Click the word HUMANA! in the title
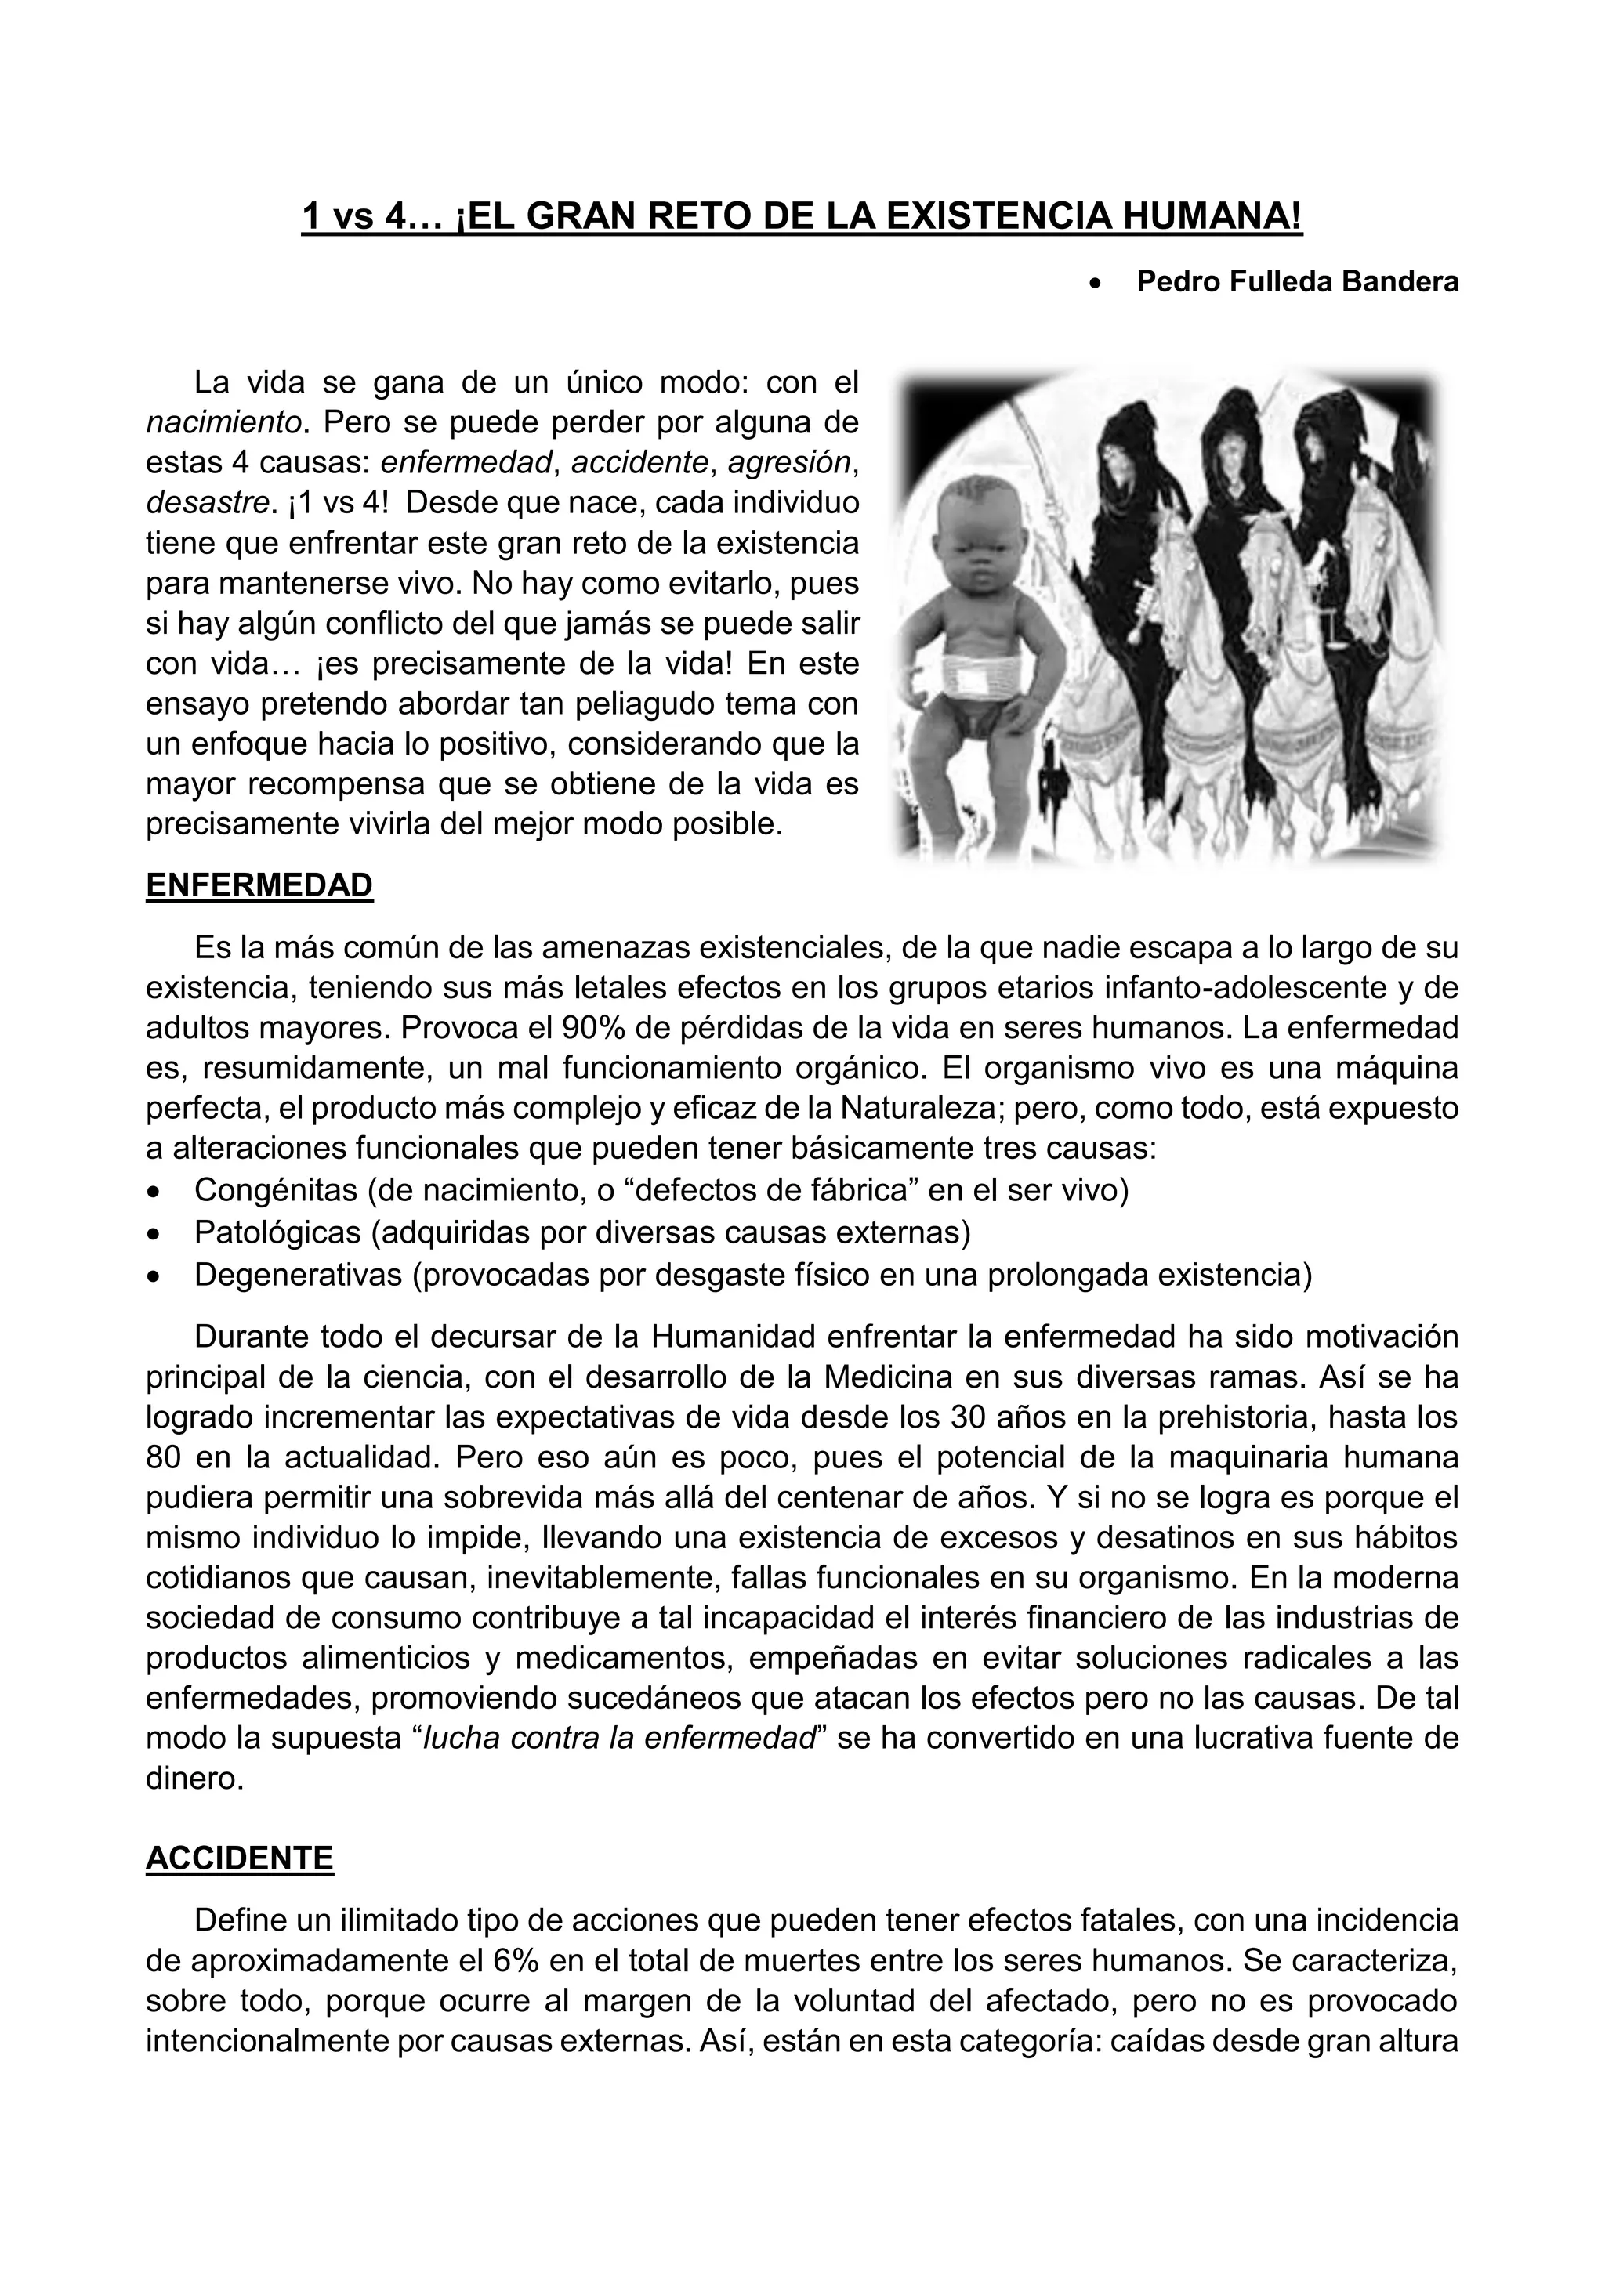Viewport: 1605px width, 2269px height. pos(1208,216)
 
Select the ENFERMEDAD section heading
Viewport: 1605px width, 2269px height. pos(259,885)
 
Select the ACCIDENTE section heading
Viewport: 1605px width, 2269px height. pos(239,1859)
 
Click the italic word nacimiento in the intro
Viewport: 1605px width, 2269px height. pos(223,422)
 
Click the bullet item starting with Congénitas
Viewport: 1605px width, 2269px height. pos(660,1191)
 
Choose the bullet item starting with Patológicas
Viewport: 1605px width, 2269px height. pos(582,1232)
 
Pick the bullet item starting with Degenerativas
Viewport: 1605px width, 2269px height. pos(752,1275)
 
